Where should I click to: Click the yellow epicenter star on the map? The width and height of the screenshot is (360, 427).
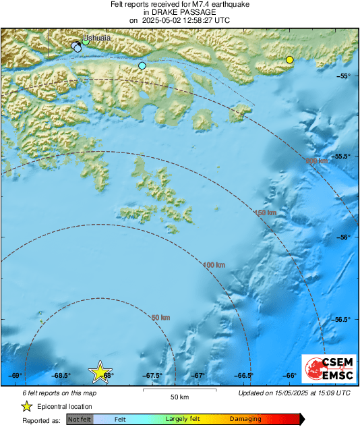100,371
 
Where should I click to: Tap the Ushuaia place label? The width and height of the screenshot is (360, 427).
96,38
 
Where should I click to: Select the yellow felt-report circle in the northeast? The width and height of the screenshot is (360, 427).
290,60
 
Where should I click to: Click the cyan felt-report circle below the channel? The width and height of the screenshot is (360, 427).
142,65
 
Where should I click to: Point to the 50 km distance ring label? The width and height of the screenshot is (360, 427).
160,317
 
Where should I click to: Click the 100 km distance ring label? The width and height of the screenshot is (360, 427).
214,265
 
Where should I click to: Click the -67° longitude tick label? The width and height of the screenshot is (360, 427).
198,376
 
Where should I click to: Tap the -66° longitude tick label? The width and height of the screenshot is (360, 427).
290,376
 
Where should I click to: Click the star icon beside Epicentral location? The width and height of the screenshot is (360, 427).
26,406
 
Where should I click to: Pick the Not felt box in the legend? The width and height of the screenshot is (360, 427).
80,419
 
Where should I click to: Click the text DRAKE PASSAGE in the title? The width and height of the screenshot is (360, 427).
179,12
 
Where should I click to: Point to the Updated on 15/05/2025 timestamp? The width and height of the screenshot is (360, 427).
295,393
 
